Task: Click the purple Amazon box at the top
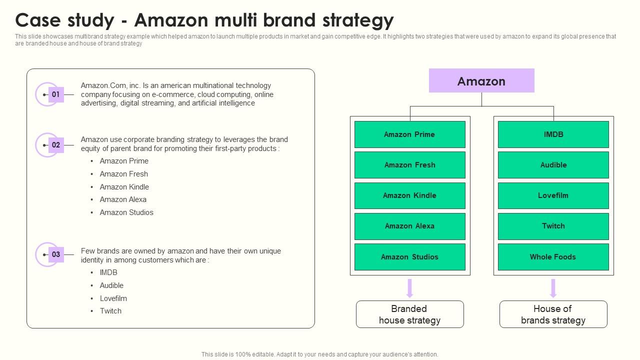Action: pyautogui.click(x=481, y=81)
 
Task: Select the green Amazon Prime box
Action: pyautogui.click(x=409, y=134)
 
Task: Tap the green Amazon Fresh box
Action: pyautogui.click(x=409, y=165)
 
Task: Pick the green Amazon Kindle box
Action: pyautogui.click(x=409, y=195)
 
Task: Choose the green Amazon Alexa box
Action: pyautogui.click(x=409, y=226)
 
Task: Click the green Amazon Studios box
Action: pyautogui.click(x=409, y=257)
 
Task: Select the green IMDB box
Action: pyautogui.click(x=553, y=134)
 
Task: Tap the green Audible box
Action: pyautogui.click(x=553, y=165)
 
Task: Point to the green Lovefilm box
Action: pyautogui.click(x=553, y=195)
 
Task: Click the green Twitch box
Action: pyautogui.click(x=553, y=226)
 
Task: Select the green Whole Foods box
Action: pyautogui.click(x=553, y=257)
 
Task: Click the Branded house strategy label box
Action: pyautogui.click(x=409, y=314)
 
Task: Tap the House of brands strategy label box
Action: pyautogui.click(x=553, y=314)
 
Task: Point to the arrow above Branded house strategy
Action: pyautogui.click(x=409, y=288)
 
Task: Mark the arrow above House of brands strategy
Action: pyautogui.click(x=553, y=288)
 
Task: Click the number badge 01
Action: pyautogui.click(x=55, y=94)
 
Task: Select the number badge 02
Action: pyautogui.click(x=55, y=145)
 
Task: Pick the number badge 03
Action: pyautogui.click(x=55, y=254)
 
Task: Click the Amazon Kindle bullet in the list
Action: pyautogui.click(x=124, y=187)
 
